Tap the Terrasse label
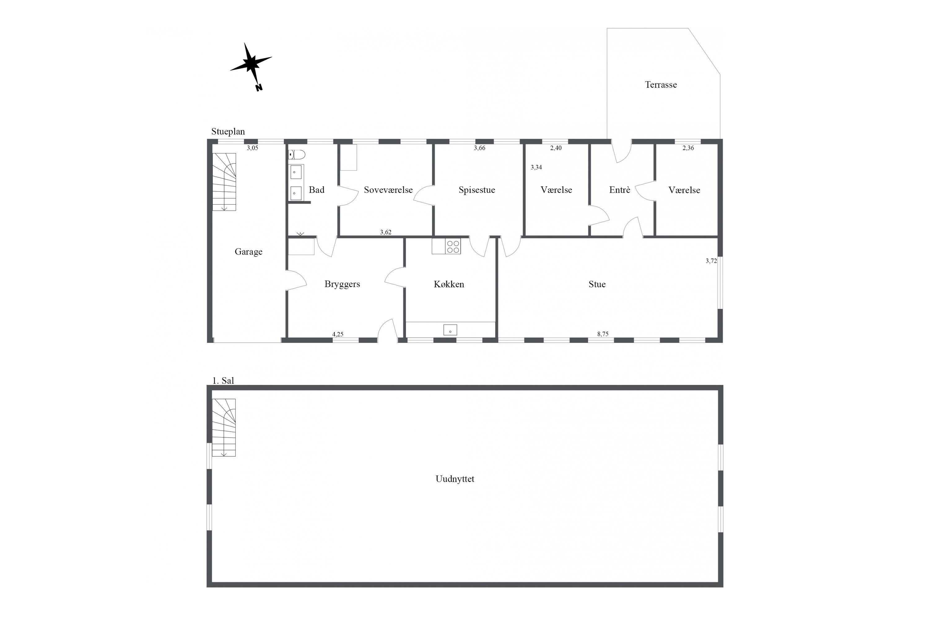(x=661, y=85)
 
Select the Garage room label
(x=248, y=252)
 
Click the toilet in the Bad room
(x=297, y=154)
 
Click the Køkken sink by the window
(x=450, y=330)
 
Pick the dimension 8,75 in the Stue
(x=603, y=334)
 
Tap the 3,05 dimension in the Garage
(x=252, y=148)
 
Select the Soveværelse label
(x=388, y=190)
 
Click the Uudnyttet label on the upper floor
(x=455, y=479)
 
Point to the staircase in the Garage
(x=224, y=182)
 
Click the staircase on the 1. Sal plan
(x=224, y=427)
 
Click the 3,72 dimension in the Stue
(x=711, y=261)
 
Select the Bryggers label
(x=342, y=284)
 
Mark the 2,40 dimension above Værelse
(x=556, y=148)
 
